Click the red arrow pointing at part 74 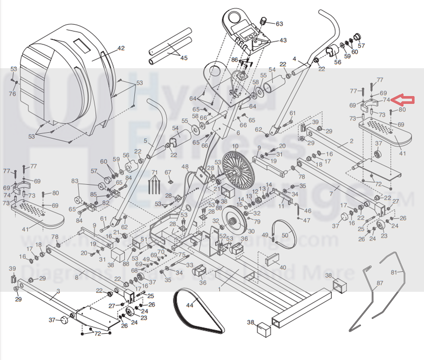click(x=405, y=99)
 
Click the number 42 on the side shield click(x=121, y=48)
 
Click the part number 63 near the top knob click(x=279, y=24)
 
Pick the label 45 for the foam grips click(x=183, y=58)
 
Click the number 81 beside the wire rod click(x=394, y=272)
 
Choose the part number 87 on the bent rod click(x=380, y=283)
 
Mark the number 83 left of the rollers click(x=75, y=181)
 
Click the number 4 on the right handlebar click(x=295, y=59)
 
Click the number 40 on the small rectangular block click(x=283, y=268)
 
